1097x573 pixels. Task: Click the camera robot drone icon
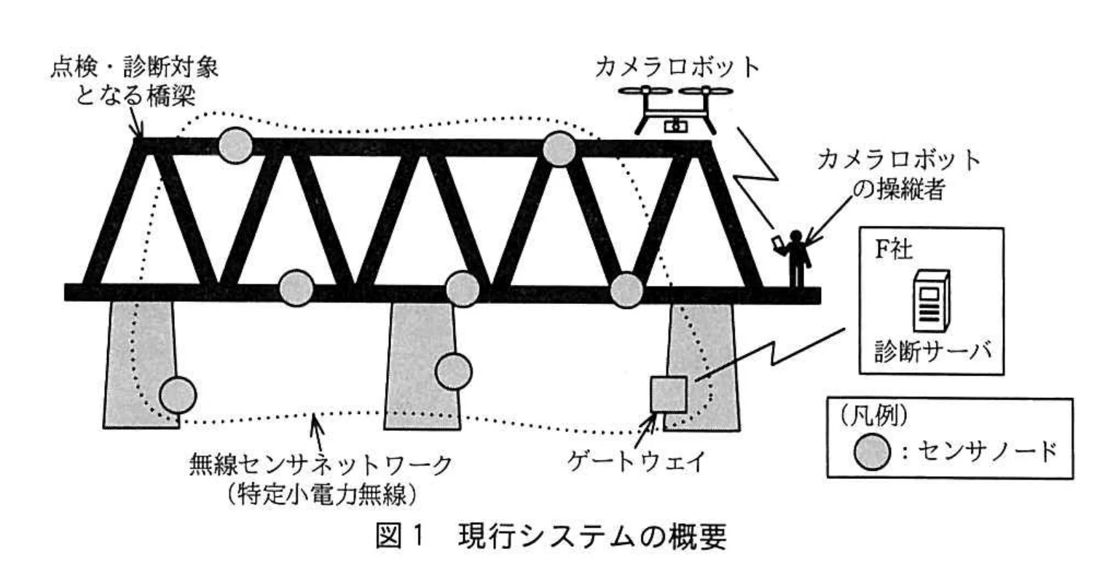(677, 108)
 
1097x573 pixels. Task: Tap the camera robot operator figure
(796, 259)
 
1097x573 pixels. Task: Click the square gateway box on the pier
(669, 394)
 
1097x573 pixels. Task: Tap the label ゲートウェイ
(635, 462)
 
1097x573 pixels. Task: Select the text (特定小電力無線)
(321, 494)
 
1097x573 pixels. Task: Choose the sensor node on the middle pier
(454, 371)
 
